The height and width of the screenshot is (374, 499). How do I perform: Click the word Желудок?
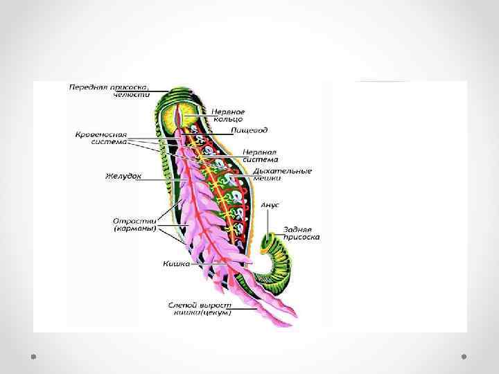pyautogui.click(x=124, y=176)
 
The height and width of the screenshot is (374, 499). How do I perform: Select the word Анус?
pyautogui.click(x=270, y=205)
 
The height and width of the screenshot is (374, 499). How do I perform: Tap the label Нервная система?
pyautogui.click(x=260, y=155)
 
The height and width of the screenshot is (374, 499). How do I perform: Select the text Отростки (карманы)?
pyautogui.click(x=135, y=224)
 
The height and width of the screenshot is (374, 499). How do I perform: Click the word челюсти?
pyautogui.click(x=135, y=95)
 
